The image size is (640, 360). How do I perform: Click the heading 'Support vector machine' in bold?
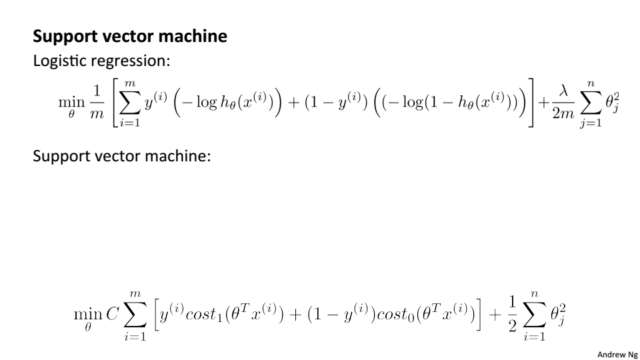130,36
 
